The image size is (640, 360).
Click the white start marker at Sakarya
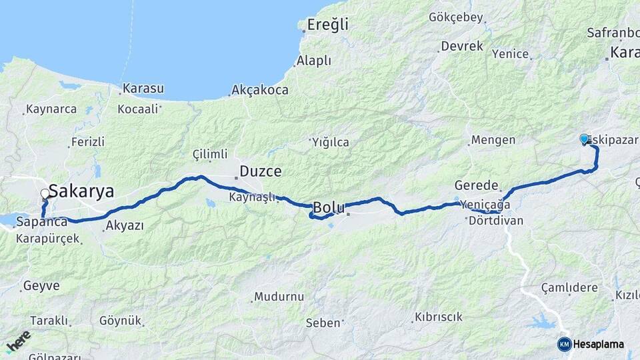pos(45,194)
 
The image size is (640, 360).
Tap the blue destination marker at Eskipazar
pos(585,139)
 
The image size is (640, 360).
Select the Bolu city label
pos(329,207)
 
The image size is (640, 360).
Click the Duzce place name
pos(260,172)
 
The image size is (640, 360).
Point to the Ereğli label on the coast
pos(327,25)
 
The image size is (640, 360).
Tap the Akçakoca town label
pos(260,89)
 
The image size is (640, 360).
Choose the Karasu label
pos(143,89)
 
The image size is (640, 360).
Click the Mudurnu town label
pos(279,297)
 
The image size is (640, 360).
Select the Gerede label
pos(477,185)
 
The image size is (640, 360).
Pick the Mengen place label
pos(493,140)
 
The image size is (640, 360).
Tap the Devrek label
pos(461,47)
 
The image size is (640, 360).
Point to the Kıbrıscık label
pos(438,317)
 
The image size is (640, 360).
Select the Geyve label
pos(41,286)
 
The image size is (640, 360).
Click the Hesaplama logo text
pos(599,344)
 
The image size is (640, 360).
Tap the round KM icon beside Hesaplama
pos(564,344)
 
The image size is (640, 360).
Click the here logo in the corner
pos(18,340)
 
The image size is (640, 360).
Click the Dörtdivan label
pos(496,221)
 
